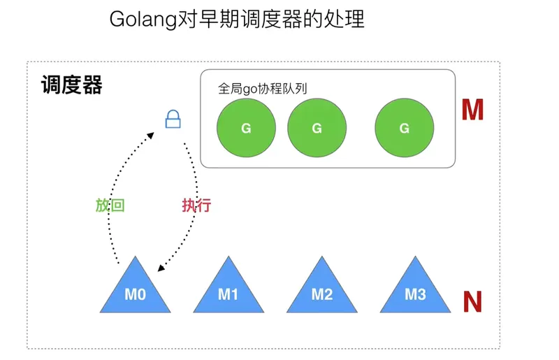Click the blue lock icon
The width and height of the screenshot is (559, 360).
(173, 120)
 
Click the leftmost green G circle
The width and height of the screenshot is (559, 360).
(245, 128)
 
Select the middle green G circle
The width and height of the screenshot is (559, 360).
(317, 128)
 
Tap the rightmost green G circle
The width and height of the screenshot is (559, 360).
(404, 128)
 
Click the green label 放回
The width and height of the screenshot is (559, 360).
(110, 206)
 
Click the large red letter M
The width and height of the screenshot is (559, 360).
(472, 110)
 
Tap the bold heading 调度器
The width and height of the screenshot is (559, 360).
(71, 85)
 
